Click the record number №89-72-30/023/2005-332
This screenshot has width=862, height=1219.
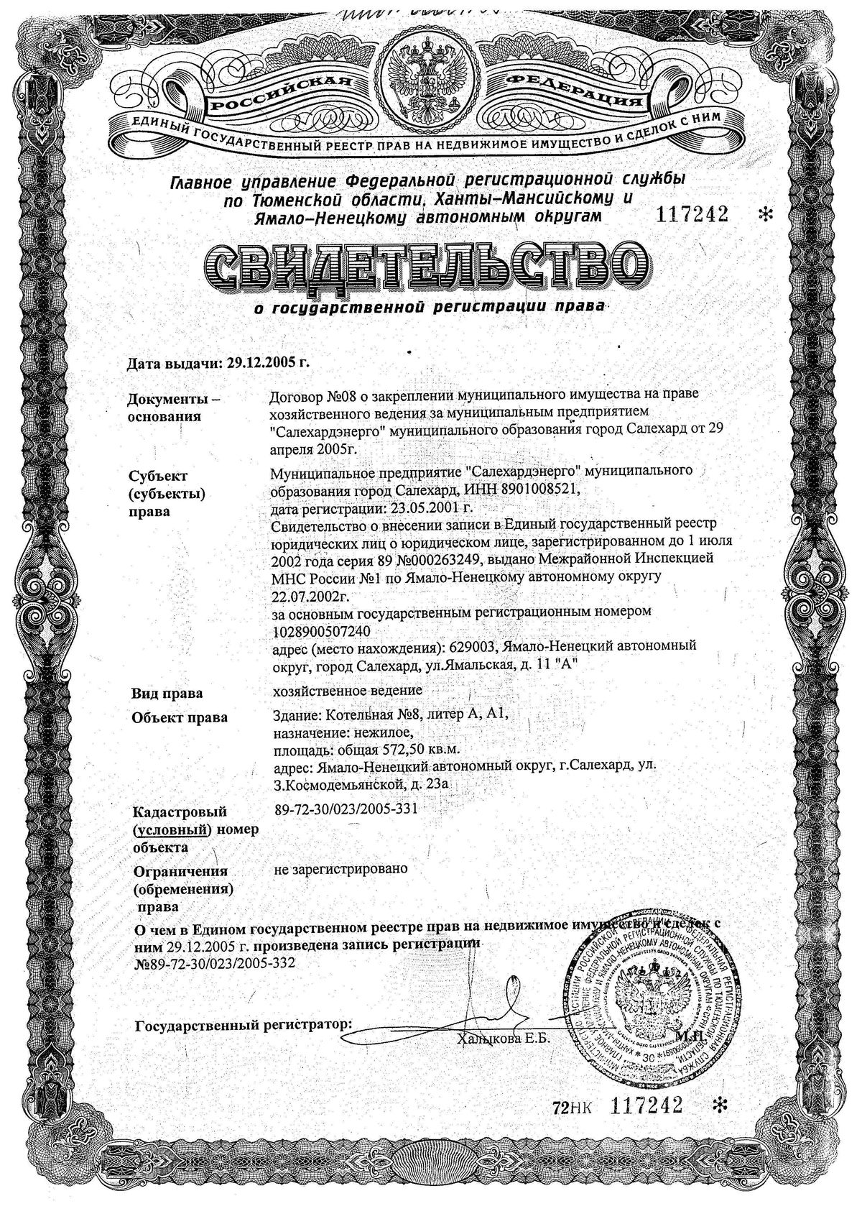click(x=215, y=962)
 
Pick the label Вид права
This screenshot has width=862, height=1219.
click(x=166, y=694)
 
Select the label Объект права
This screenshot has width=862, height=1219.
click(x=179, y=717)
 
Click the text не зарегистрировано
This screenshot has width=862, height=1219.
click(x=341, y=868)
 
